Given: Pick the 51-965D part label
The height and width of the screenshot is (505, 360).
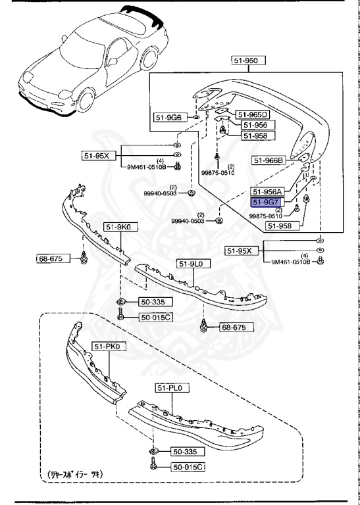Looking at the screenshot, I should (x=253, y=114).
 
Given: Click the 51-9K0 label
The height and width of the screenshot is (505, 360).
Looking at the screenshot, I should (x=116, y=228).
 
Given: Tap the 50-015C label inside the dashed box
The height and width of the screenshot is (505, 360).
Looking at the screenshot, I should (x=188, y=466).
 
